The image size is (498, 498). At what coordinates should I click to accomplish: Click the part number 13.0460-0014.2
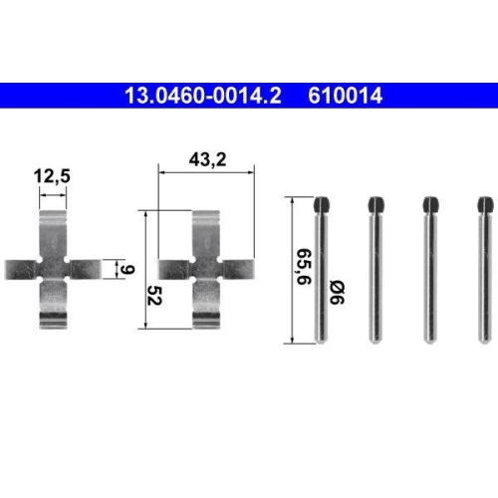203,96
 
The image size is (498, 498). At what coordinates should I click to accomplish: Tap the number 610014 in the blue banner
346,96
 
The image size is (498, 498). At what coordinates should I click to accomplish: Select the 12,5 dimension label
52,176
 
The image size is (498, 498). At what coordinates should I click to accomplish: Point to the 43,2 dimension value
207,159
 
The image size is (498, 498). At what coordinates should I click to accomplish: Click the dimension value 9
126,269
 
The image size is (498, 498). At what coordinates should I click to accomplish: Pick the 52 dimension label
154,295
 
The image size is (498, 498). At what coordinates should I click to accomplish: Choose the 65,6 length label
304,266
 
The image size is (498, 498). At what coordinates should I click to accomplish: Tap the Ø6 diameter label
337,293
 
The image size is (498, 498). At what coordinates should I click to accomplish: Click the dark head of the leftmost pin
322,205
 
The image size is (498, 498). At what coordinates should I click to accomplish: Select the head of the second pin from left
375,205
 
